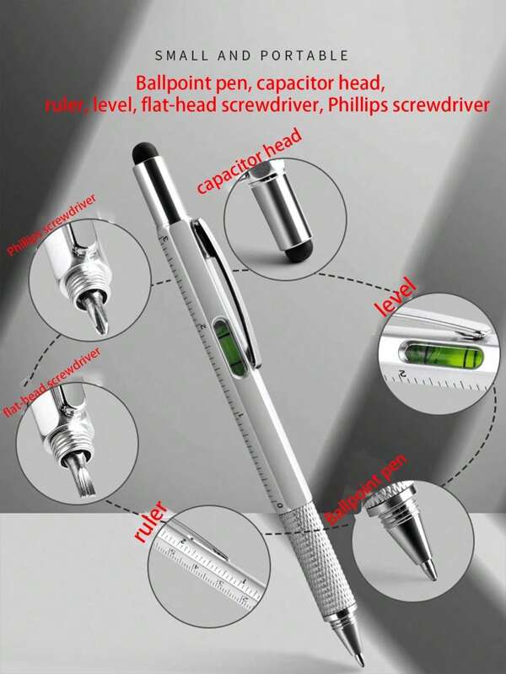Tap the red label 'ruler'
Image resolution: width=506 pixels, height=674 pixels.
pos(151,522)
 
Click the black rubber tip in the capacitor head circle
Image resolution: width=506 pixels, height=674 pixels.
pos(295,250)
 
